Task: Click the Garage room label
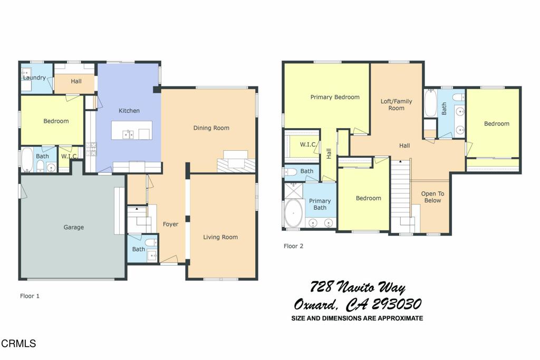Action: (74, 227)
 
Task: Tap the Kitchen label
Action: (129, 111)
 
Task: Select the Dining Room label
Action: (211, 128)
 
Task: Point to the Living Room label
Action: (220, 237)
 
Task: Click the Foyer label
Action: (170, 224)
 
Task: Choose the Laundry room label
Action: (34, 78)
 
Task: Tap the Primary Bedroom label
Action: (335, 97)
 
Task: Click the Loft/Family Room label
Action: (397, 104)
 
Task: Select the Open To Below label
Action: (432, 197)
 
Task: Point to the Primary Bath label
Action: (320, 204)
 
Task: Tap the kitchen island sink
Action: (128, 134)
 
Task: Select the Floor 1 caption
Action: (30, 296)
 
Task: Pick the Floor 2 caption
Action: (293, 246)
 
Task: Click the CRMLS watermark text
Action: (18, 344)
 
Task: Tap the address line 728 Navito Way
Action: (358, 288)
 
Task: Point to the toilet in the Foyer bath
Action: (151, 242)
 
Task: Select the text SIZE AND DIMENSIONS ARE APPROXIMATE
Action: (357, 318)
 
